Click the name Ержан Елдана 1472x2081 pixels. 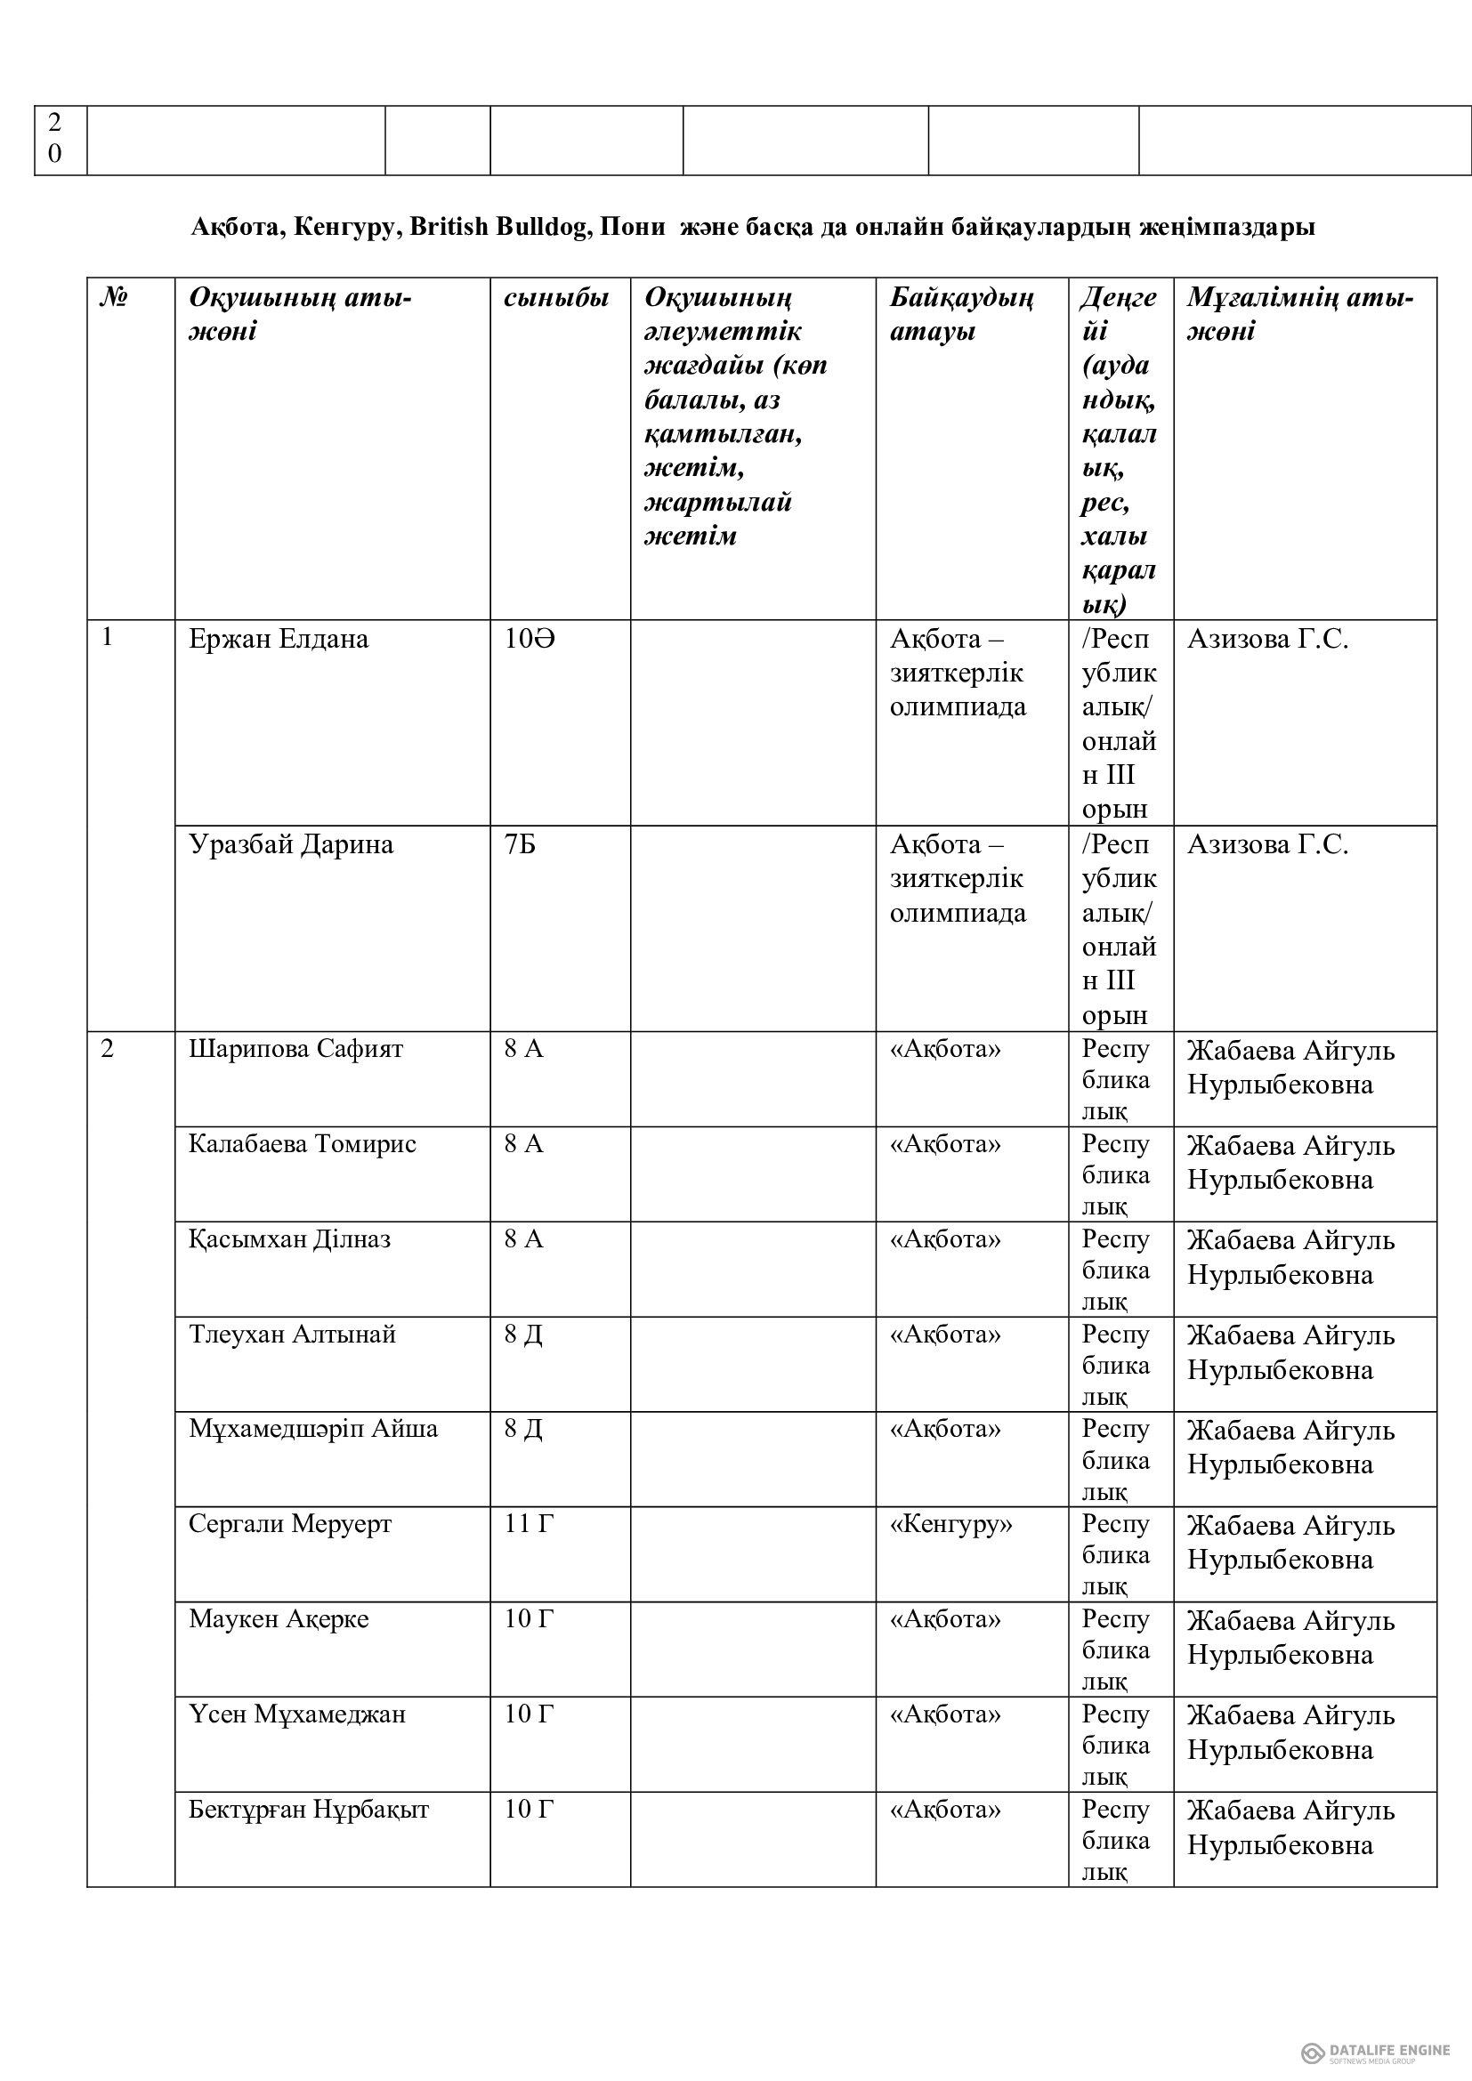click(279, 640)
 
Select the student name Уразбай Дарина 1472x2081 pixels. click(290, 844)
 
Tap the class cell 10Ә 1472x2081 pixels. click(530, 640)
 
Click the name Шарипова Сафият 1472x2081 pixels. click(295, 1050)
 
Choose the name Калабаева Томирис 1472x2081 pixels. click(302, 1145)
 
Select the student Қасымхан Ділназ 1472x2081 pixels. click(289, 1240)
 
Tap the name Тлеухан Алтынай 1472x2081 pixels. click(292, 1335)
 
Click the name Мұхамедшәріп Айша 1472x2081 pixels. click(312, 1430)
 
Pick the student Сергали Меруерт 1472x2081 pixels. click(290, 1525)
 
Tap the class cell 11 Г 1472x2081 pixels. click(529, 1525)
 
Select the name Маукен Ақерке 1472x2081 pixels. click(279, 1619)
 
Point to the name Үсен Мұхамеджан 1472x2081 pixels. click(296, 1714)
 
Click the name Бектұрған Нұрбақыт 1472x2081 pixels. click(308, 1810)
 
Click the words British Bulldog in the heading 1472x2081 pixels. click(499, 228)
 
